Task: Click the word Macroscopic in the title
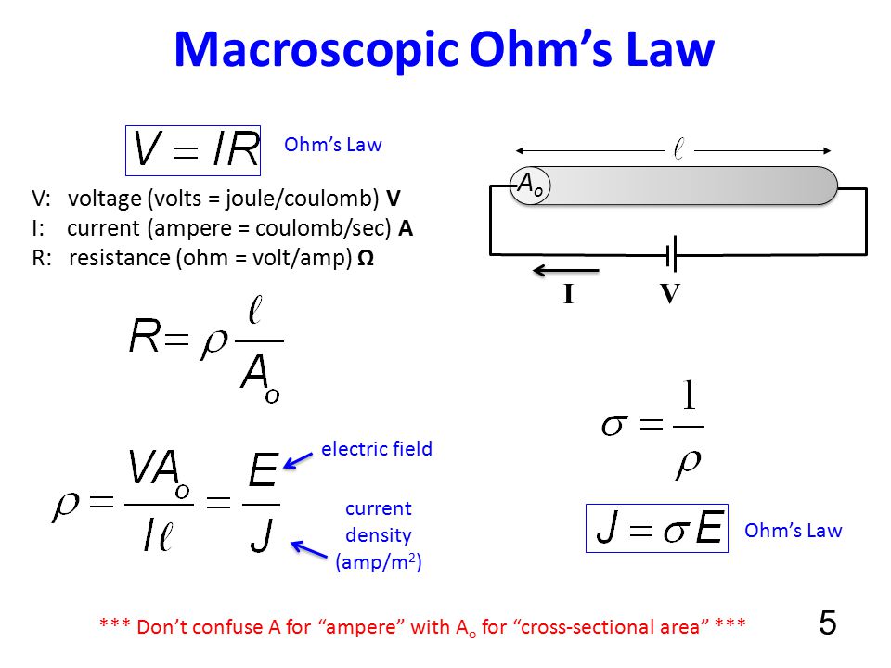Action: (316, 51)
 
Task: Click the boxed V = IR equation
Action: (193, 150)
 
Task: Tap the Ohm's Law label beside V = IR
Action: (333, 145)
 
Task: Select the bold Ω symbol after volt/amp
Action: (366, 258)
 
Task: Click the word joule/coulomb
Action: (303, 199)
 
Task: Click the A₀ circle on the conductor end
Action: (530, 186)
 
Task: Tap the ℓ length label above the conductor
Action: (678, 149)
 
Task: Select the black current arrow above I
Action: (566, 270)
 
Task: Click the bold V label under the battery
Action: (670, 294)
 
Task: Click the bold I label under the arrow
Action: (568, 294)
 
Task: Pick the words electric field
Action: (377, 449)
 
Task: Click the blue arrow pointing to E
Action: (298, 461)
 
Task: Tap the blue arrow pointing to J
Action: (309, 549)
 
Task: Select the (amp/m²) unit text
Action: (379, 562)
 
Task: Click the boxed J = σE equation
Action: (657, 528)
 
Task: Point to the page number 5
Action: (828, 622)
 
